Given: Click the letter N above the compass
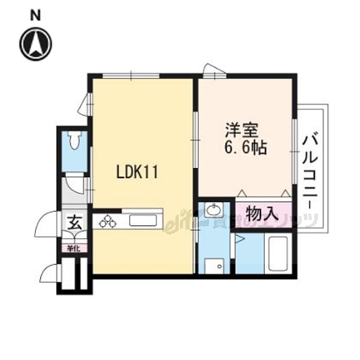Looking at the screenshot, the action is click(35, 15).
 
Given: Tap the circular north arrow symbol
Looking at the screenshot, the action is click(35, 43).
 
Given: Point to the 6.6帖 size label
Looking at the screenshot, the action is click(245, 148).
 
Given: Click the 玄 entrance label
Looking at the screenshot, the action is click(74, 223).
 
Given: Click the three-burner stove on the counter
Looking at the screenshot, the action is click(109, 222).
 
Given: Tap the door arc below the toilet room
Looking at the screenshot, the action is click(75, 184).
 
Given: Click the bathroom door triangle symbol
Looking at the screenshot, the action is click(239, 240).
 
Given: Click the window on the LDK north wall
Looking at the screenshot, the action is click(131, 76).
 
